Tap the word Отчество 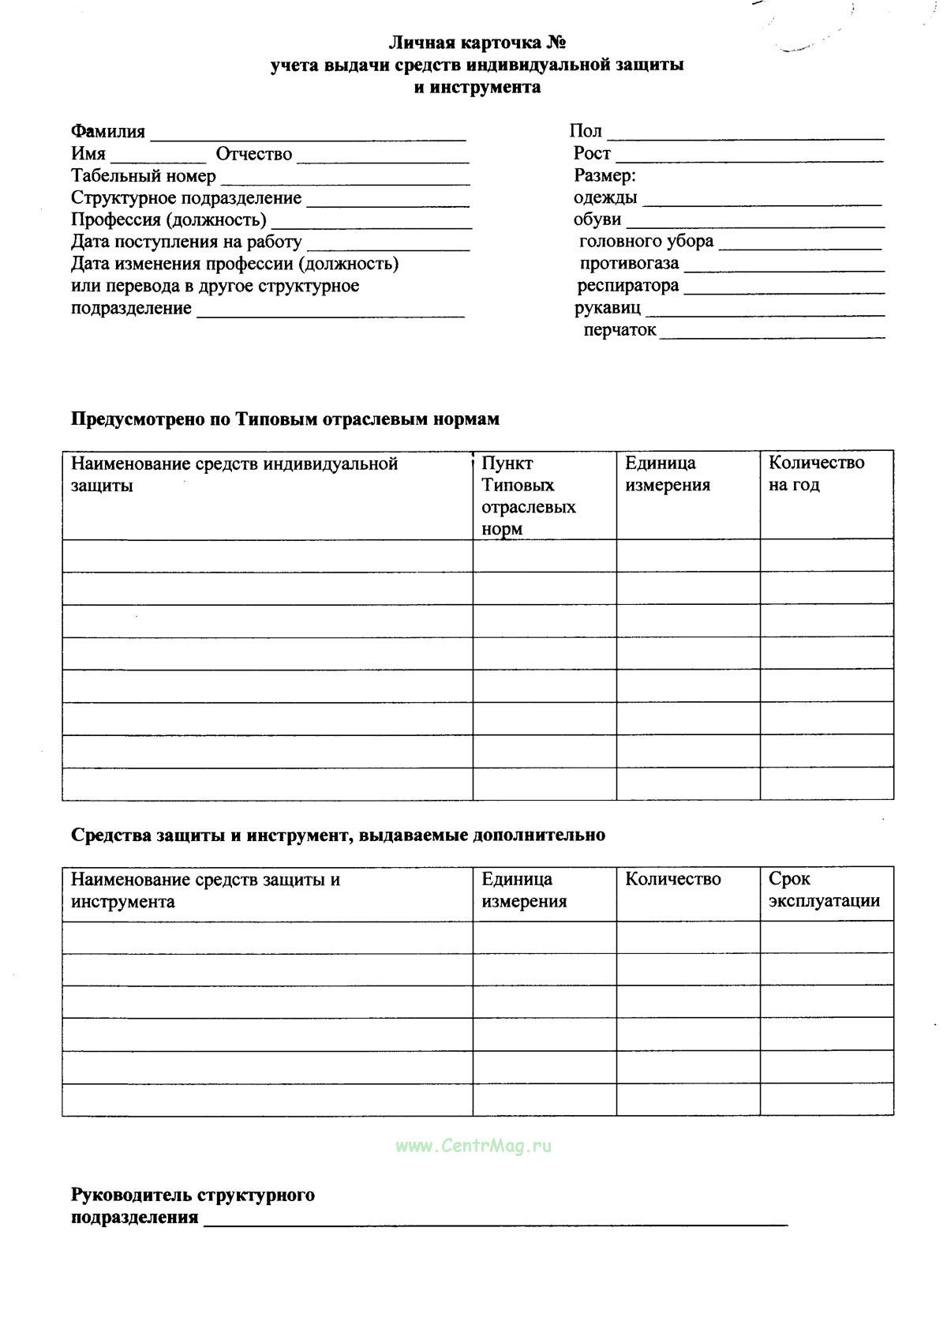[x=253, y=154]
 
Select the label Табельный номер [x=143, y=176]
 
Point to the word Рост [x=592, y=153]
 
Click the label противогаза [x=629, y=264]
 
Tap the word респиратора [x=627, y=286]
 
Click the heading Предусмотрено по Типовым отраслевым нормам [x=285, y=419]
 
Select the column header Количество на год [x=816, y=474]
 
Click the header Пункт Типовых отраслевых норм [x=528, y=496]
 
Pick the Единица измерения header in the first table [x=668, y=474]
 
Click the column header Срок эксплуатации [x=823, y=890]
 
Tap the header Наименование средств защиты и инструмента [x=205, y=890]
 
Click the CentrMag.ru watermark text [x=473, y=1146]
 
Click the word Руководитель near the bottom [x=132, y=1195]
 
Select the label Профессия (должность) [x=168, y=220]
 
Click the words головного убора [x=646, y=242]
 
